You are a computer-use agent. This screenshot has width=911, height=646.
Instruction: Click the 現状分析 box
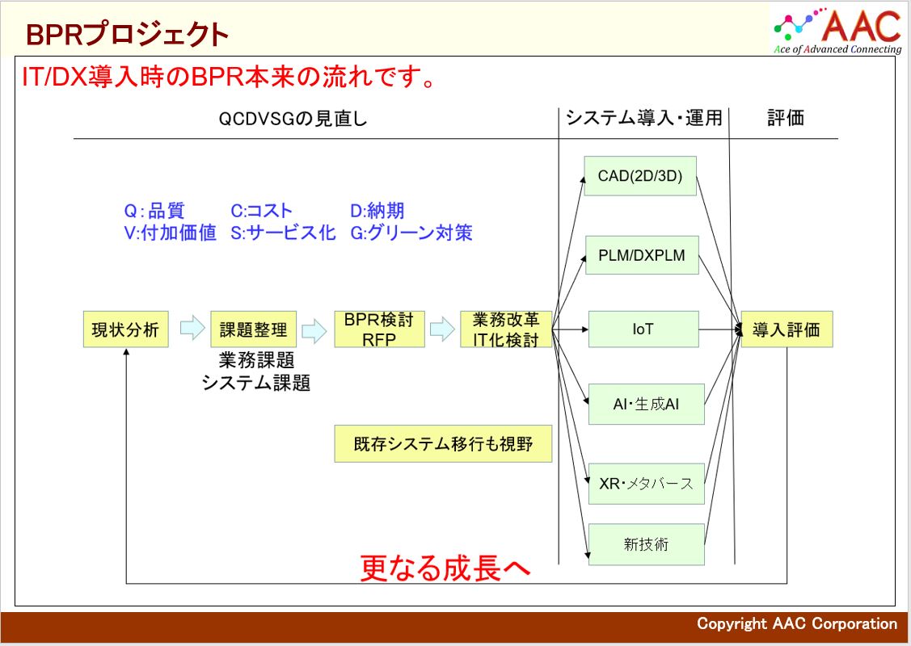(x=125, y=329)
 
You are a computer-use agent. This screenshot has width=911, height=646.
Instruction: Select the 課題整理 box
(x=253, y=329)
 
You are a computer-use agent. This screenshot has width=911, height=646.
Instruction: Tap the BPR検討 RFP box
(x=379, y=329)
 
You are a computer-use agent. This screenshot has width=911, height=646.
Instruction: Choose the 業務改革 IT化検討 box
(x=506, y=329)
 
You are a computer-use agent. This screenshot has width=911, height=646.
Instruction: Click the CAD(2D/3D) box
(x=640, y=176)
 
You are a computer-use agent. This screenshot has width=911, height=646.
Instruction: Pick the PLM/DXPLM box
(x=642, y=255)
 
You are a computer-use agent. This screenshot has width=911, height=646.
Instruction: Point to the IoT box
(x=643, y=329)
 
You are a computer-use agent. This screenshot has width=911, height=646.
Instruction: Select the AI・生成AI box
(x=646, y=404)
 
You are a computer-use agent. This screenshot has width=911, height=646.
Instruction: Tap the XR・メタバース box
(x=646, y=484)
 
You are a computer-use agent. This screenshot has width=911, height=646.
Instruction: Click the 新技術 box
(x=646, y=544)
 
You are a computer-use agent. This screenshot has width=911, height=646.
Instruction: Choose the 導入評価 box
(x=787, y=329)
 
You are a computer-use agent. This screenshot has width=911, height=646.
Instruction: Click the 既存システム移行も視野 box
(x=443, y=444)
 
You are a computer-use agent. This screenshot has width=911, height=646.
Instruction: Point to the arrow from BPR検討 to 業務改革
(x=443, y=329)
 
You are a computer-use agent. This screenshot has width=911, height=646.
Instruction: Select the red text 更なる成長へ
(x=445, y=568)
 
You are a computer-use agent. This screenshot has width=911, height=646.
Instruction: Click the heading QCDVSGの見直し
(x=293, y=119)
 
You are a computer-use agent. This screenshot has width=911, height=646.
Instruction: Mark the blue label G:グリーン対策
(x=411, y=233)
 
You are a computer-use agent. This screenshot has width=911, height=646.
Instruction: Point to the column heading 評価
(x=786, y=118)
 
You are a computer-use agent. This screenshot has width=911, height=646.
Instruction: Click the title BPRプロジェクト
(x=127, y=34)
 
